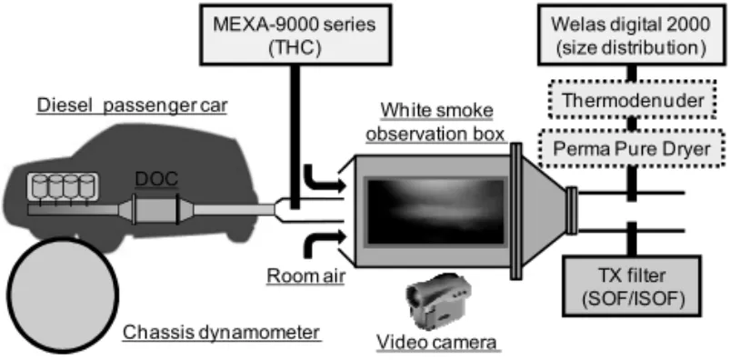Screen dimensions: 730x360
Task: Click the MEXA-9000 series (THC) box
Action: coord(295,35)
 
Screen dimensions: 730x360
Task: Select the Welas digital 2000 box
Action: coord(631,35)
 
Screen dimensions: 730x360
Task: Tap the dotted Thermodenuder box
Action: coord(631,99)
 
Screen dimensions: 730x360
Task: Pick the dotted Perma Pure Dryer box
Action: coord(631,148)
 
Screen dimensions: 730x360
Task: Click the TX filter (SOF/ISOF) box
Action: coord(631,286)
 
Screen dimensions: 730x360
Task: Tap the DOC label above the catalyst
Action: coord(156,179)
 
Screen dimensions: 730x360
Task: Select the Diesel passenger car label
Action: coord(132,105)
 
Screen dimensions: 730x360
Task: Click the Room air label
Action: coord(305,276)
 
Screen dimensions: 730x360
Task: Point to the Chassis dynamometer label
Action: coord(222,334)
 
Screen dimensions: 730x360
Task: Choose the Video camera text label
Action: coord(436,343)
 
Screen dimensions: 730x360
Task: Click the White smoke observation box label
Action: coord(436,123)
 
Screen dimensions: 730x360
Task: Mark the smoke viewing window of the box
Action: coord(436,212)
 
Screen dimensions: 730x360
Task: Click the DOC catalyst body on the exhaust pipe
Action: coord(155,210)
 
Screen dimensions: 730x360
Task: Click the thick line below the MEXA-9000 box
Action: coord(295,137)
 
